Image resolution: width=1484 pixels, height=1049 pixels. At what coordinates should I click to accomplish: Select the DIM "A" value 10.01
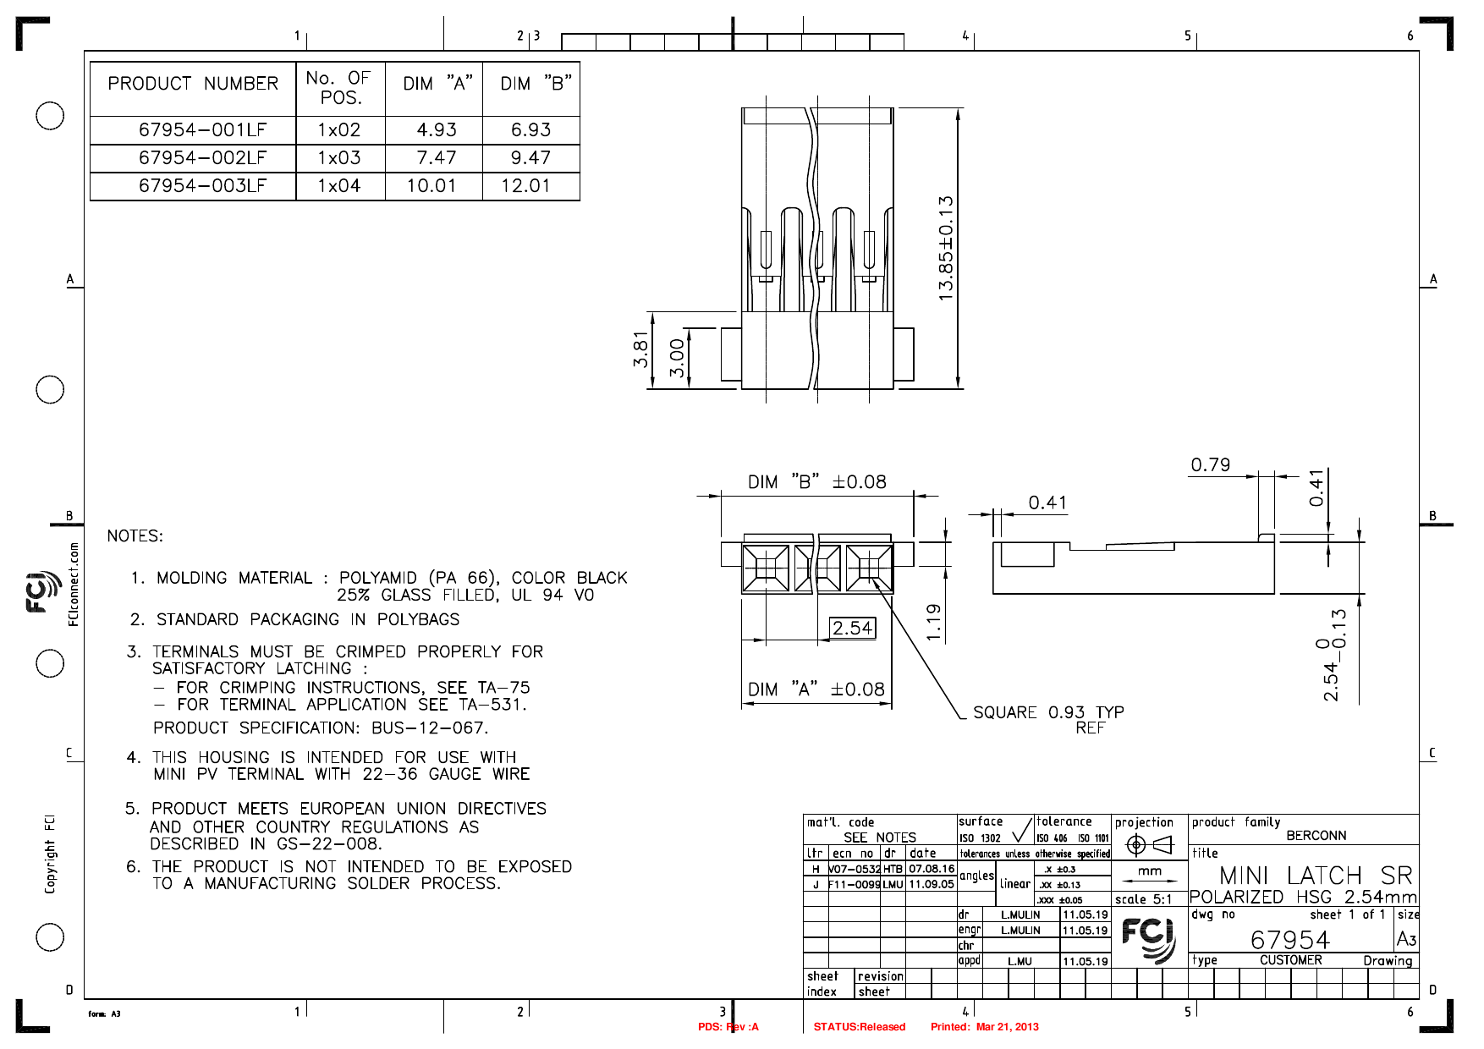click(x=431, y=186)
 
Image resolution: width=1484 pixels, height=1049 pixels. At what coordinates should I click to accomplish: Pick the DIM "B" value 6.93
click(x=530, y=130)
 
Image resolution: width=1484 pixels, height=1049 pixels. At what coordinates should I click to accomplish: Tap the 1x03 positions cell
click(x=339, y=158)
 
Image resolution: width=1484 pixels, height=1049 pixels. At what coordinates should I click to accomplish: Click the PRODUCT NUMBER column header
click(x=193, y=84)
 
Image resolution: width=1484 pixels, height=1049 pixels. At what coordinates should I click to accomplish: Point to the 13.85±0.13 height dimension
click(x=946, y=248)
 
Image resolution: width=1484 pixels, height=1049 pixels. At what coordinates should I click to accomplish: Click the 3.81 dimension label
click(x=640, y=349)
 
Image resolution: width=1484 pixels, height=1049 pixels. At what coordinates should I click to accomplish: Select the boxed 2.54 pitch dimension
click(x=852, y=628)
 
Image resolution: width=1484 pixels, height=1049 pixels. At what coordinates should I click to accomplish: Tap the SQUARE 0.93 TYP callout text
click(x=1047, y=712)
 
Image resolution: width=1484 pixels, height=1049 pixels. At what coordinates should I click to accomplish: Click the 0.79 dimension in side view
click(x=1210, y=465)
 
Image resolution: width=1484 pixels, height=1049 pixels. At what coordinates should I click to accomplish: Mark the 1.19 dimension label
click(x=933, y=622)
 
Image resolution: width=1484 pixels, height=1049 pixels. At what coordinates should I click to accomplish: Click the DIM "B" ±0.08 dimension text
click(x=816, y=482)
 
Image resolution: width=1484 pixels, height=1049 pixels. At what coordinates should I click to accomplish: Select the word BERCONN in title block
click(x=1316, y=836)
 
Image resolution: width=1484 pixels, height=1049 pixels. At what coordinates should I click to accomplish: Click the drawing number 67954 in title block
click(x=1289, y=940)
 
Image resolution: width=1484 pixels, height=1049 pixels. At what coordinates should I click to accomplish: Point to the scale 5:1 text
click(x=1143, y=899)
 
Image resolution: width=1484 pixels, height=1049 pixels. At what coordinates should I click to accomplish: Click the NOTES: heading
click(x=135, y=536)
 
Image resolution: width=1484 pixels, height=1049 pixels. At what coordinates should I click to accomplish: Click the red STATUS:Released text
click(x=859, y=1027)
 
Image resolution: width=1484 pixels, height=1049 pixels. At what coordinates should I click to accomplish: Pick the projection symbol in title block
click(x=1149, y=844)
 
